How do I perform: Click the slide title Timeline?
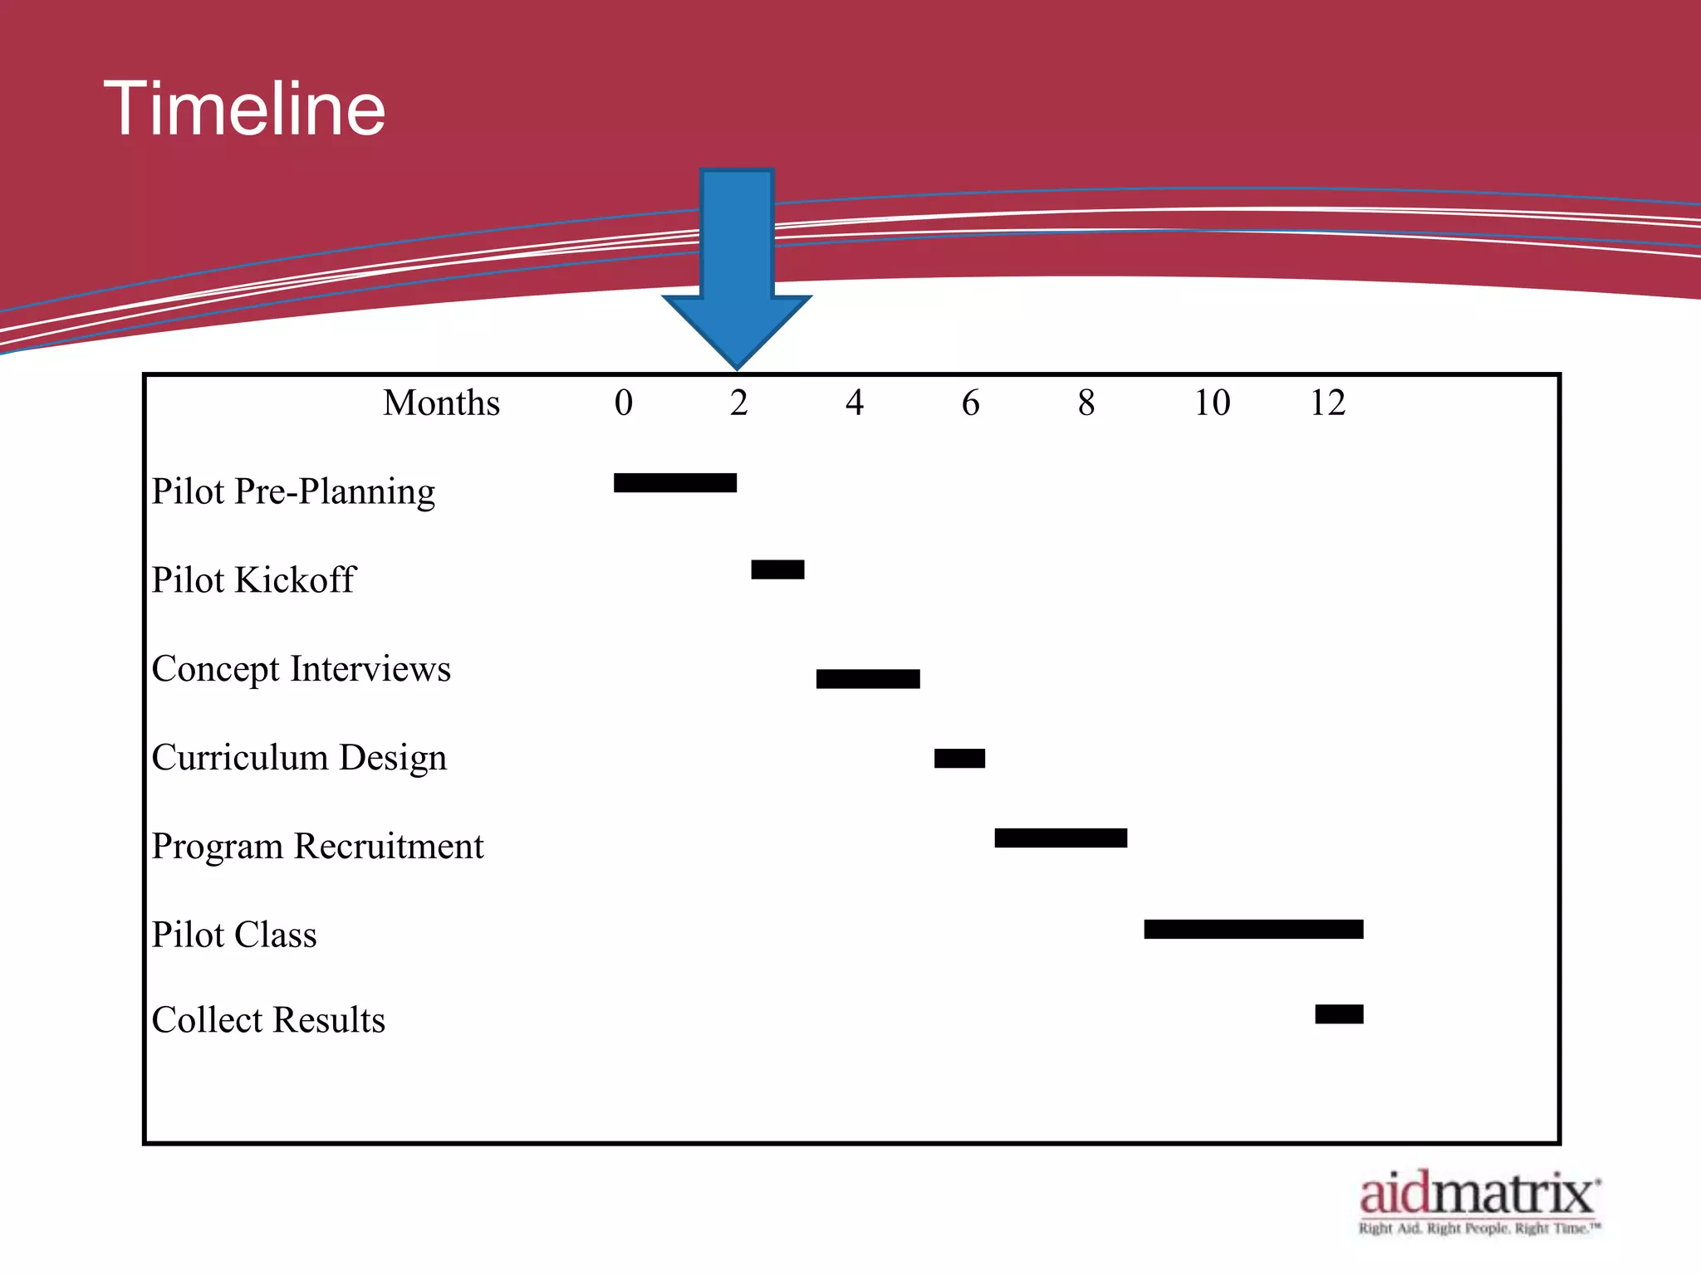pyautogui.click(x=244, y=109)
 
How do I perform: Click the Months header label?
pyautogui.click(x=441, y=403)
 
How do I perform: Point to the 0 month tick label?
pyautogui.click(x=623, y=403)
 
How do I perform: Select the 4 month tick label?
pyautogui.click(x=855, y=403)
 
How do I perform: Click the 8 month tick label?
pyautogui.click(x=1086, y=403)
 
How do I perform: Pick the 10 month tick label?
pyautogui.click(x=1212, y=403)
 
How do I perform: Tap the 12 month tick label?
pyautogui.click(x=1327, y=403)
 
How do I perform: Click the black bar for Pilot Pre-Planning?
pyautogui.click(x=674, y=482)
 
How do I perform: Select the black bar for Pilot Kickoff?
pyautogui.click(x=777, y=569)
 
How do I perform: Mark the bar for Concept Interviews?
pyautogui.click(x=868, y=679)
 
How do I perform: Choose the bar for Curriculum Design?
pyautogui.click(x=959, y=758)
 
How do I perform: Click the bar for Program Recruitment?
pyautogui.click(x=1061, y=838)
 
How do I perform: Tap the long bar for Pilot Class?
pyautogui.click(x=1253, y=929)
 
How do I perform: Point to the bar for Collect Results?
pyautogui.click(x=1339, y=1014)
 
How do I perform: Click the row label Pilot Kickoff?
pyautogui.click(x=253, y=579)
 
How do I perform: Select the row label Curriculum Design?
pyautogui.click(x=299, y=758)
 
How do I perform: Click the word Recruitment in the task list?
pyautogui.click(x=389, y=847)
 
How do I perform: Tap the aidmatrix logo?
pyautogui.click(x=1479, y=1201)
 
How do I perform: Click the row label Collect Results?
pyautogui.click(x=268, y=1020)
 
